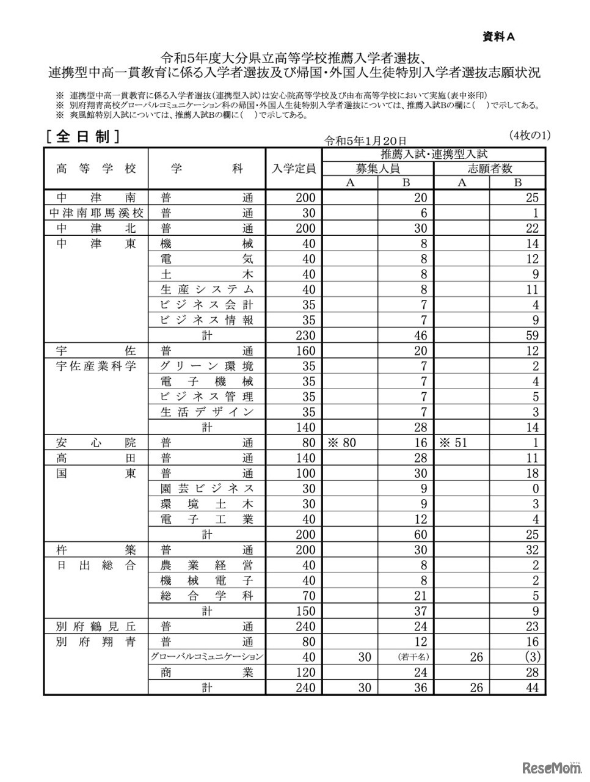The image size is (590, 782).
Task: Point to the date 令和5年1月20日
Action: click(365, 141)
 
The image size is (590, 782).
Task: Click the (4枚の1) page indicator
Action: click(528, 135)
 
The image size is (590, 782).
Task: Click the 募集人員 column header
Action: click(378, 169)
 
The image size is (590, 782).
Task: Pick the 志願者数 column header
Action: click(490, 169)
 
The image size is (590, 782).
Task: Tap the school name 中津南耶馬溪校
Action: click(97, 213)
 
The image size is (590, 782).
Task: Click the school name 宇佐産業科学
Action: click(97, 367)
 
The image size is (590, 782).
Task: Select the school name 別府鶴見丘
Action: click(97, 627)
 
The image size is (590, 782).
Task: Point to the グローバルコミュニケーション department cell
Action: click(207, 657)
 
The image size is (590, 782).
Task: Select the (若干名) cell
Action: click(406, 657)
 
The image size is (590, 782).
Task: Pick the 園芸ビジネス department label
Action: click(207, 489)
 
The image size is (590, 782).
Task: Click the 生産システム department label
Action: click(207, 290)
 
